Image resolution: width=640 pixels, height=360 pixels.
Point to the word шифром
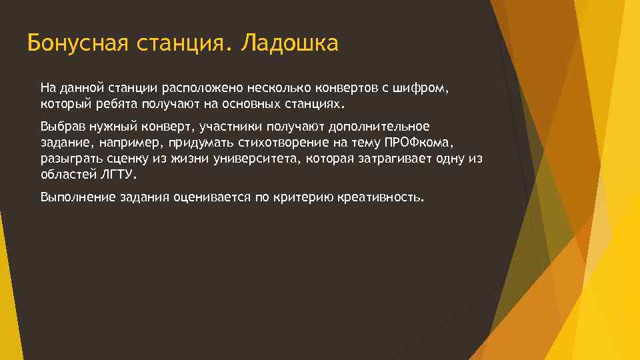pyautogui.click(x=420, y=87)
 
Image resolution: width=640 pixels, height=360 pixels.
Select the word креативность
pyautogui.click(x=380, y=198)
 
